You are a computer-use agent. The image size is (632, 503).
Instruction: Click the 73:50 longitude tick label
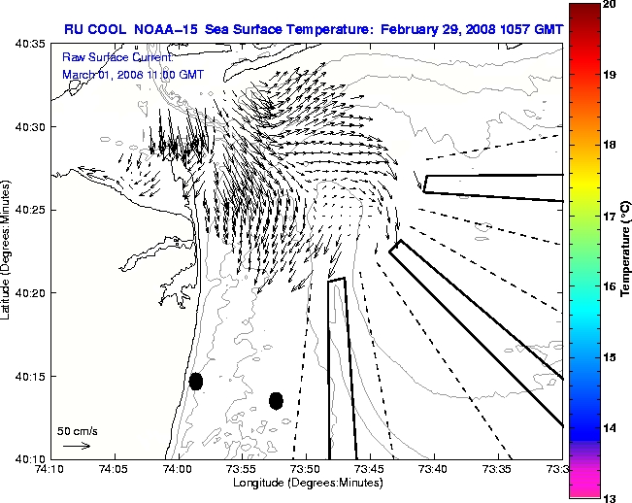306,469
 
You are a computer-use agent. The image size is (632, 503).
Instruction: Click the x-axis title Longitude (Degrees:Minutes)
306,483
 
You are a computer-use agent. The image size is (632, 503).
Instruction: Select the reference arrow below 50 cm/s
77,446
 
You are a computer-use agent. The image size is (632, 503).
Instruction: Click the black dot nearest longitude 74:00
196,381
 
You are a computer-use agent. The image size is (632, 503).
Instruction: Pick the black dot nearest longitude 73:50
276,400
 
